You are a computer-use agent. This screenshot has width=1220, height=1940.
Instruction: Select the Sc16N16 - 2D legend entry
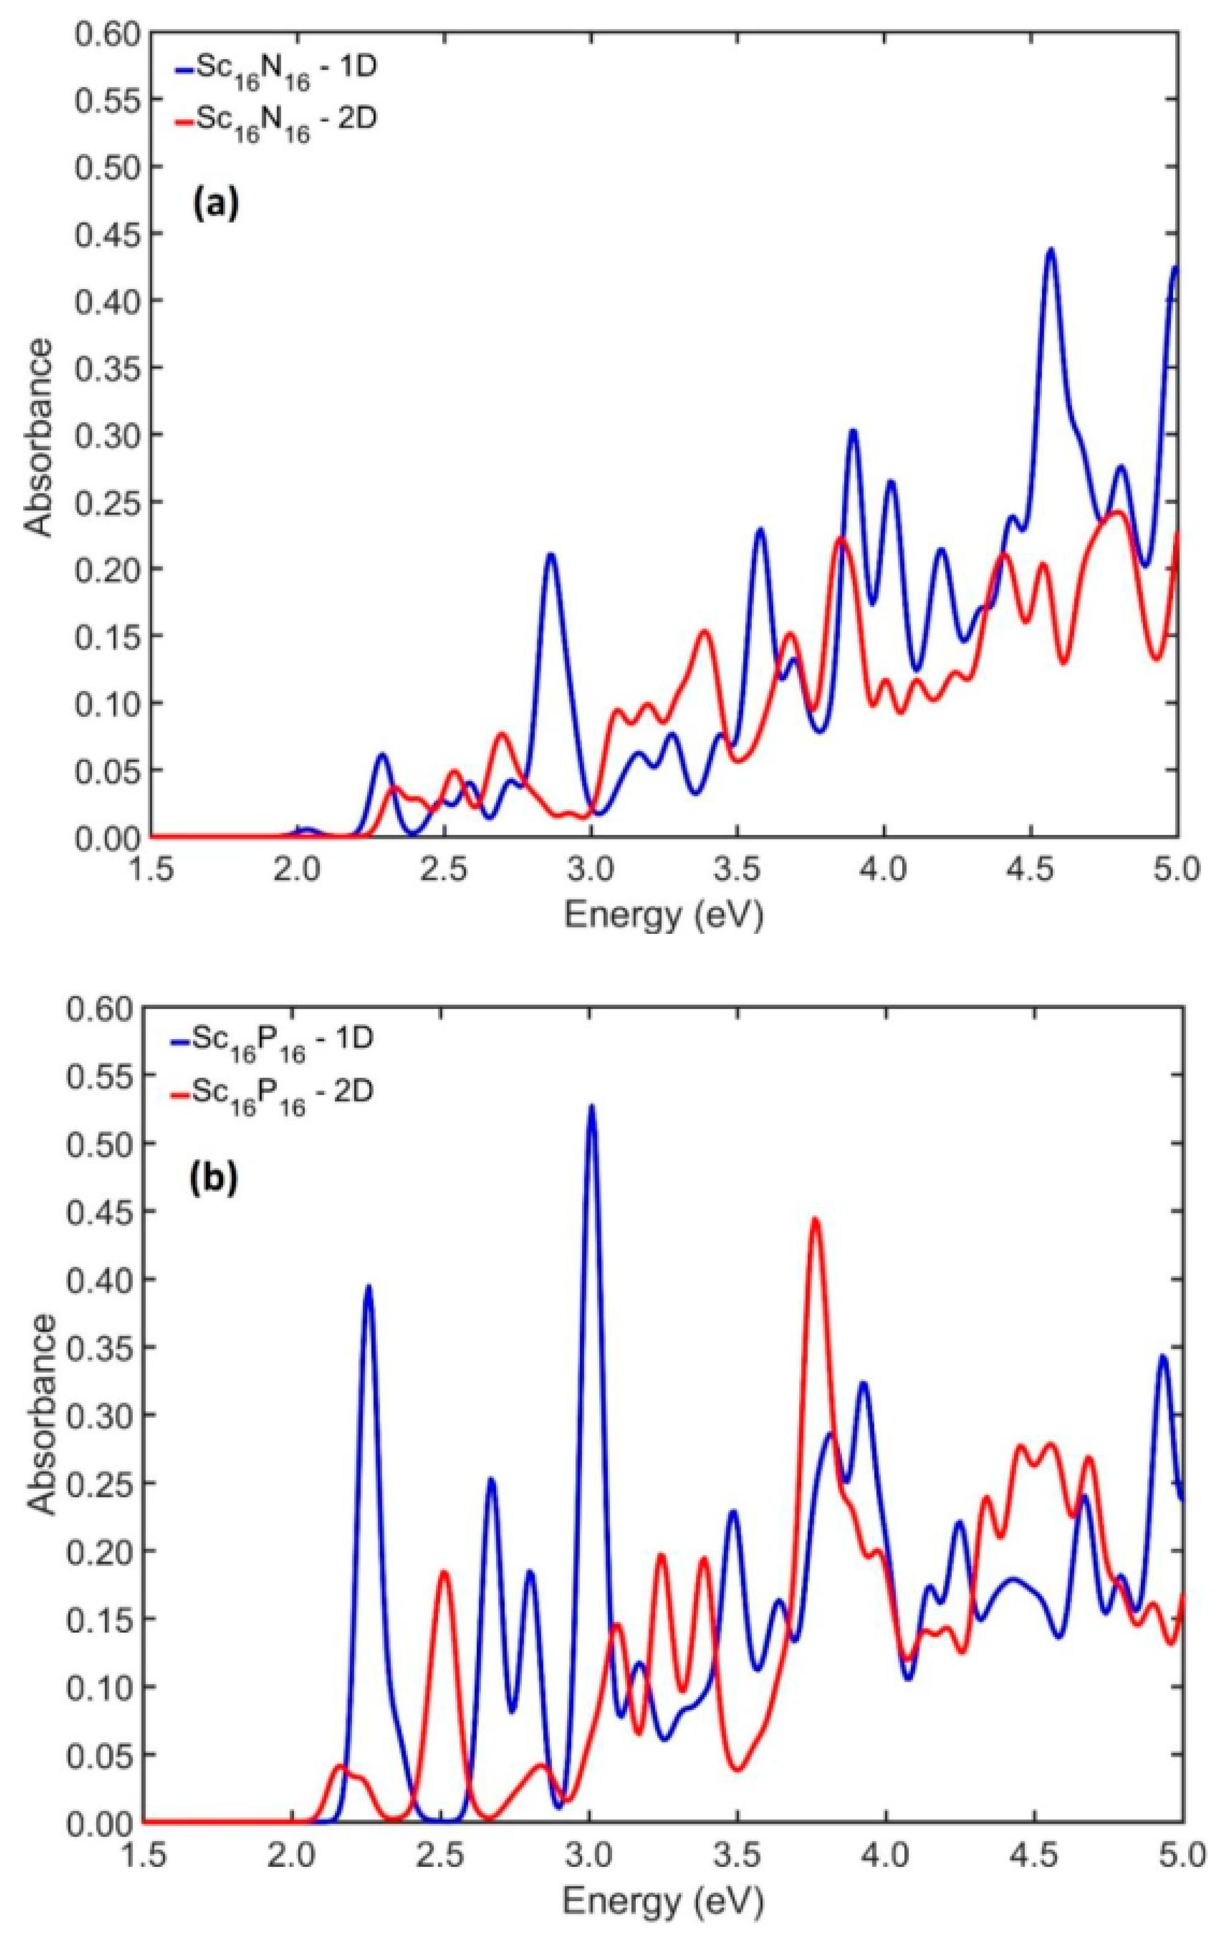click(x=274, y=122)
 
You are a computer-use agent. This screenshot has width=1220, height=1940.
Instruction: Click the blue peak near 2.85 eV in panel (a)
click(x=550, y=555)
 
